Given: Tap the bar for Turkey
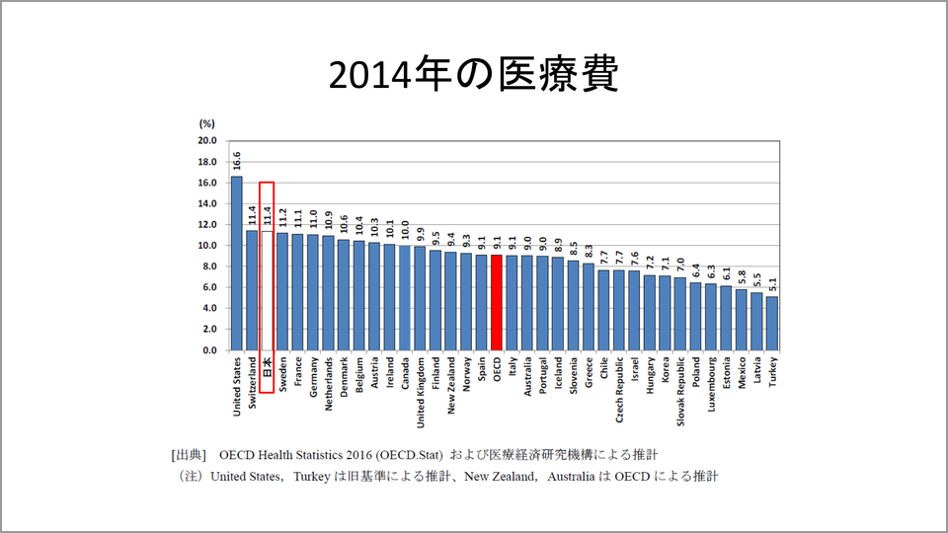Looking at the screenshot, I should [772, 323].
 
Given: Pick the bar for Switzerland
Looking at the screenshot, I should [252, 290].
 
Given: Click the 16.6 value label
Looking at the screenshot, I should [237, 160].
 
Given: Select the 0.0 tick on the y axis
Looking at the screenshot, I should [208, 350].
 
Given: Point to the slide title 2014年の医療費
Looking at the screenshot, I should [473, 74].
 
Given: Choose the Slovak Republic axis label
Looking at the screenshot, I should [680, 393].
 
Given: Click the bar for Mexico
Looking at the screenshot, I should [742, 320].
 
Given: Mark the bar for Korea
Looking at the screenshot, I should [665, 313].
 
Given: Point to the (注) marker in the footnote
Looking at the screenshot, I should [190, 476].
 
